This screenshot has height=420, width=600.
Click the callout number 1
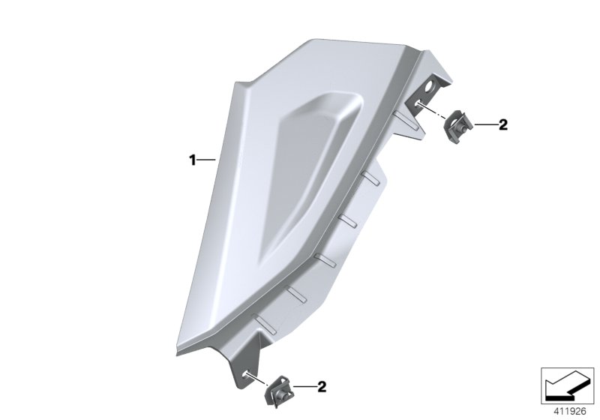coord(192,159)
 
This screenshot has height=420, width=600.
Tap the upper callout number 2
coord(503,125)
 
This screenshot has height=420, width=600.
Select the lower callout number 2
coord(322,387)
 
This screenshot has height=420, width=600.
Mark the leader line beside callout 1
coord(207,159)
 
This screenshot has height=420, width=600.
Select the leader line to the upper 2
coord(483,125)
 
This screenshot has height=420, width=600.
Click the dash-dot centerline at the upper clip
coord(427,111)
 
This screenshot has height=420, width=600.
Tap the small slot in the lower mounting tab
coord(245,368)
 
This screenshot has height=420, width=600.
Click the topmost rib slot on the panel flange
coord(400,114)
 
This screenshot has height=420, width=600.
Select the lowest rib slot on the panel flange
coord(262,324)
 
